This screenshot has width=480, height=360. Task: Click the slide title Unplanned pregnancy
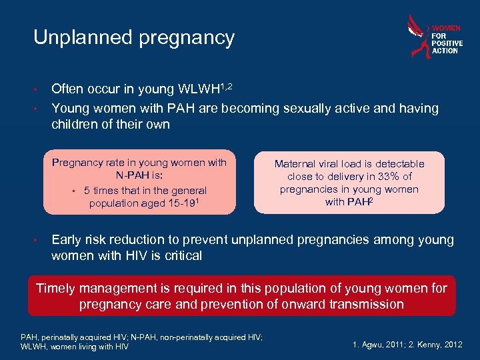134,37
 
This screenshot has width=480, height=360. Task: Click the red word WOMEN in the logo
446,28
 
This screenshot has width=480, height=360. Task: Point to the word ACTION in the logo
445,51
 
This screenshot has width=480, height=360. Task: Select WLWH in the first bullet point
199,89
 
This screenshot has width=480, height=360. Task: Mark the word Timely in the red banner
58,288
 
